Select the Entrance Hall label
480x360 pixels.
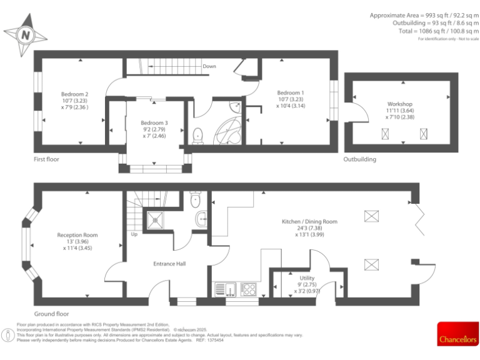[169, 264]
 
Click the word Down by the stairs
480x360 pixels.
[209, 66]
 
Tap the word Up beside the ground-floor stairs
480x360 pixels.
[134, 235]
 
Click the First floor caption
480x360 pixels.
[51, 160]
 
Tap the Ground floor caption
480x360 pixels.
[52, 314]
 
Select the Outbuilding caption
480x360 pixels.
[360, 160]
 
